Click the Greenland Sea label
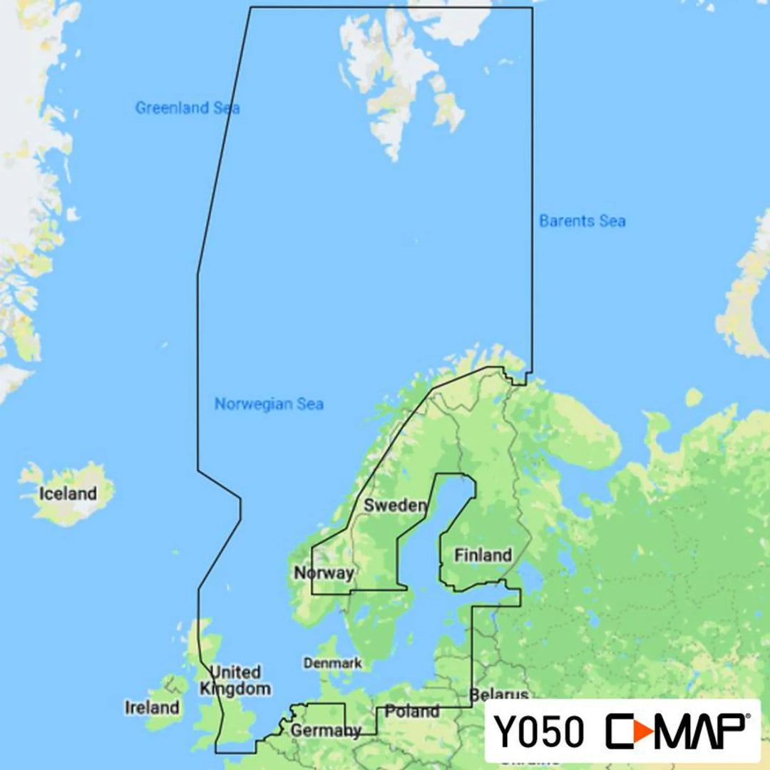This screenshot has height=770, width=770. (x=188, y=108)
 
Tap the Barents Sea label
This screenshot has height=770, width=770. (x=582, y=221)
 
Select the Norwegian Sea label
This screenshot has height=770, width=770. (x=269, y=404)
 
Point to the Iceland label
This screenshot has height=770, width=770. (x=68, y=493)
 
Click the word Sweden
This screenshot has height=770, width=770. (x=395, y=505)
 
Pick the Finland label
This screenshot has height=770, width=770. (x=483, y=555)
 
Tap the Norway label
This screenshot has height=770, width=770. (x=324, y=573)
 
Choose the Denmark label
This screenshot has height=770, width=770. (x=332, y=663)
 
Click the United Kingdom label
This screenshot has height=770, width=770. (x=235, y=680)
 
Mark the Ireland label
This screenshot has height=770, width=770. (x=152, y=707)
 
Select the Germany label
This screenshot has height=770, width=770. (x=325, y=730)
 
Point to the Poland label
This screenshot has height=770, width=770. (x=412, y=711)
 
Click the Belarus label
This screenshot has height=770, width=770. (x=498, y=694)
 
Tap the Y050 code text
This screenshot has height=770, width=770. (x=539, y=732)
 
